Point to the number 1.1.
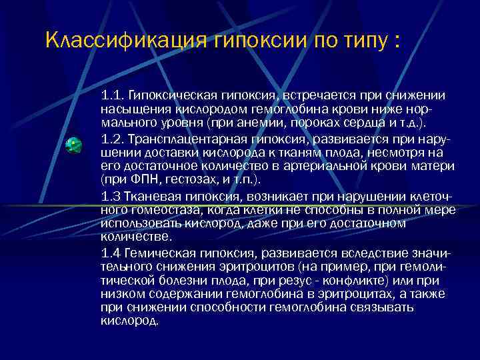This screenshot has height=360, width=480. (x=112, y=96)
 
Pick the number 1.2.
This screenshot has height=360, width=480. (x=112, y=139)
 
